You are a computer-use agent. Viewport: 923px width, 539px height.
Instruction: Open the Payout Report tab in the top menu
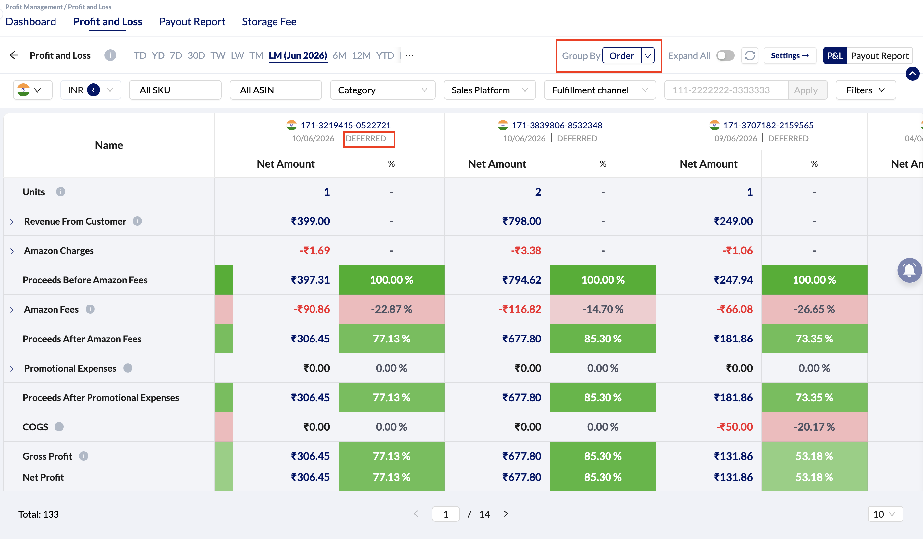pyautogui.click(x=192, y=22)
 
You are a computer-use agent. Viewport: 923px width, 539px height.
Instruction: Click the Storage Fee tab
pyautogui.click(x=269, y=22)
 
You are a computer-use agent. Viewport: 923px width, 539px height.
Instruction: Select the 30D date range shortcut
pyautogui.click(x=196, y=56)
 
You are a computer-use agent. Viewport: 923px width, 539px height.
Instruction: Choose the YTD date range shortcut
pyautogui.click(x=385, y=56)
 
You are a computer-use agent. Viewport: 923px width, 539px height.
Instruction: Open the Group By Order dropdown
pyautogui.click(x=628, y=56)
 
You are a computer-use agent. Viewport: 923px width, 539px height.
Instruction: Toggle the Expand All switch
pyautogui.click(x=725, y=56)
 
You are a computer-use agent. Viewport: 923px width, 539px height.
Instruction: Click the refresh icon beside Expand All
pyautogui.click(x=750, y=56)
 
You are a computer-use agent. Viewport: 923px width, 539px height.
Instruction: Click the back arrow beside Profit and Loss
pyautogui.click(x=14, y=55)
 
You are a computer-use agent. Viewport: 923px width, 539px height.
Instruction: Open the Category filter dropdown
pyautogui.click(x=383, y=90)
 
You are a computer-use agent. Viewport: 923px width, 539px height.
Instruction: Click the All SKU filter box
pyautogui.click(x=175, y=90)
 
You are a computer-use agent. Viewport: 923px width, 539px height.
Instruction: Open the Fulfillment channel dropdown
pyautogui.click(x=600, y=90)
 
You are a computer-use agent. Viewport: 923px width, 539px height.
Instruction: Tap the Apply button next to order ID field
pyautogui.click(x=806, y=90)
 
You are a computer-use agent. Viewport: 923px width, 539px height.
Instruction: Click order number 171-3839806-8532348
pyautogui.click(x=557, y=125)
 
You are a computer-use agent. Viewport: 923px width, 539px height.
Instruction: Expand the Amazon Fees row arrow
pyautogui.click(x=12, y=310)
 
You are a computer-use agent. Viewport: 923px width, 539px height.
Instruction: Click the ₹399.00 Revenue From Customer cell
pyautogui.click(x=310, y=221)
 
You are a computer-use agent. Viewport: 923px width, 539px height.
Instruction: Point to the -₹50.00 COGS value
pyautogui.click(x=734, y=427)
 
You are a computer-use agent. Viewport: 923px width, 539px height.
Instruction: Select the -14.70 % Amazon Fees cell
pyautogui.click(x=603, y=309)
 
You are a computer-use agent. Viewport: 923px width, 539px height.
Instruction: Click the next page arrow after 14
pyautogui.click(x=506, y=514)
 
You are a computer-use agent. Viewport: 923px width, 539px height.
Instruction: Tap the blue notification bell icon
pyautogui.click(x=909, y=270)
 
